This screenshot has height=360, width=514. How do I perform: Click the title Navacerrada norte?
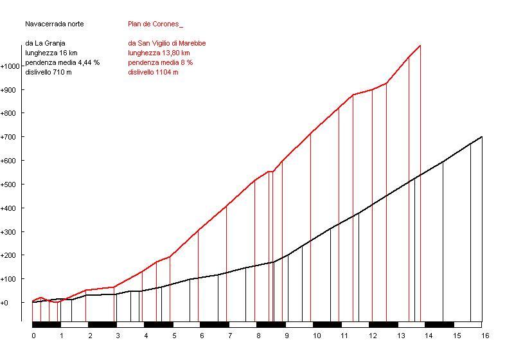(x=55, y=24)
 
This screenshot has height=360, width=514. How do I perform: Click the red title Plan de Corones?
(x=155, y=24)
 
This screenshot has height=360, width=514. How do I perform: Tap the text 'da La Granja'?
(x=45, y=43)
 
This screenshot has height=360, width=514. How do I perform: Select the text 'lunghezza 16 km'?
(x=51, y=53)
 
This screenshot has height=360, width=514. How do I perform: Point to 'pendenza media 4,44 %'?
(x=62, y=62)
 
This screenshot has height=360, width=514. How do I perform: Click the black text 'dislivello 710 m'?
(x=48, y=72)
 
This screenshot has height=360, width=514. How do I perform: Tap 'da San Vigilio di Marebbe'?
(x=166, y=43)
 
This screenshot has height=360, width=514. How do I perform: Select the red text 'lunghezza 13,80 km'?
(x=159, y=53)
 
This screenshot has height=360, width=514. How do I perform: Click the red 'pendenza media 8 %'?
(x=160, y=62)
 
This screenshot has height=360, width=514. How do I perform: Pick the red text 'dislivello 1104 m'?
(x=153, y=72)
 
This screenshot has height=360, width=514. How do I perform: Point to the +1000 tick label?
(x=11, y=66)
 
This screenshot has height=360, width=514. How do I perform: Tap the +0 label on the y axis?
(x=6, y=303)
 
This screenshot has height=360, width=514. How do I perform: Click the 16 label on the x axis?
(x=485, y=335)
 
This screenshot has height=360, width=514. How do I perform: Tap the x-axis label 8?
(x=259, y=335)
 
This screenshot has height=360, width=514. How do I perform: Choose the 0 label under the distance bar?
(x=33, y=335)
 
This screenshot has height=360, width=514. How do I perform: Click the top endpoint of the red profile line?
(x=420, y=46)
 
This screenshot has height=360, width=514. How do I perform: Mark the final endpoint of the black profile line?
(x=482, y=137)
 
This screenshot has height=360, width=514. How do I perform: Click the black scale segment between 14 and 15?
(x=439, y=325)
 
